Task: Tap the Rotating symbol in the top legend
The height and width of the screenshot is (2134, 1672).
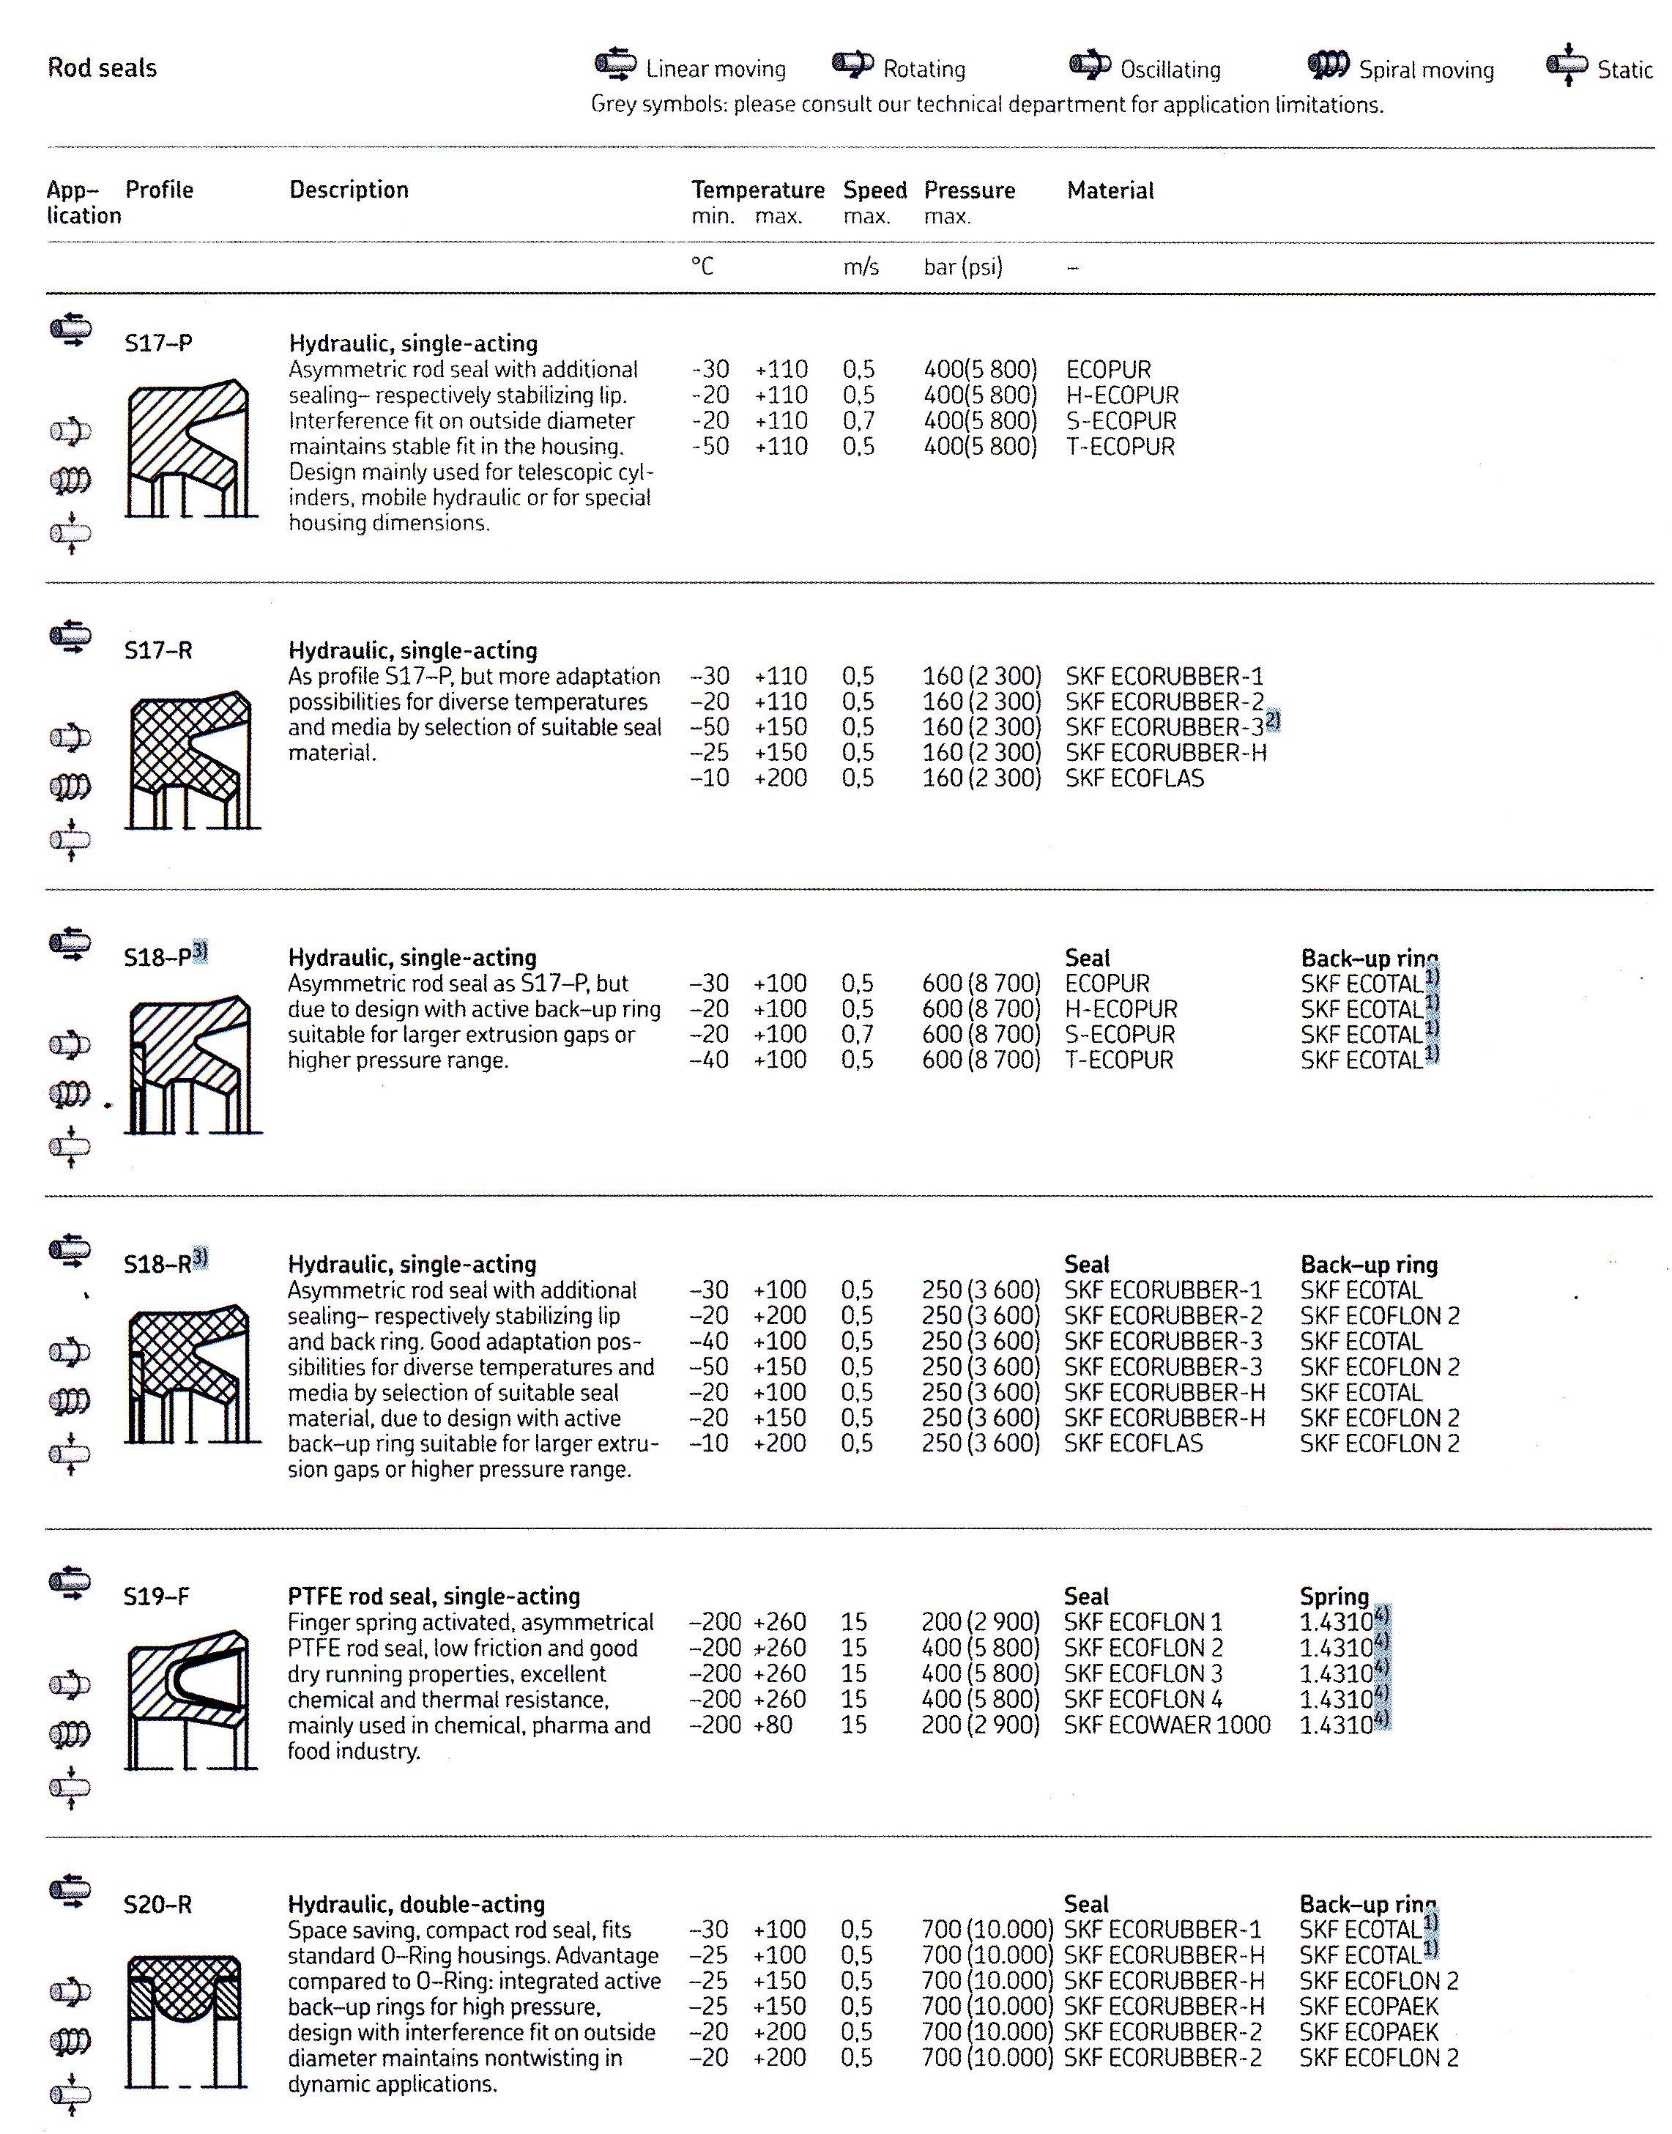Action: click(852, 64)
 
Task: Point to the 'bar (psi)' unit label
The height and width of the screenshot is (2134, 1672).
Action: click(962, 267)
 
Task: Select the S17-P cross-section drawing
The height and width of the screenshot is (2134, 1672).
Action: click(190, 448)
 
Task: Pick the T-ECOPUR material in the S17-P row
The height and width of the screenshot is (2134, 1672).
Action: click(1120, 447)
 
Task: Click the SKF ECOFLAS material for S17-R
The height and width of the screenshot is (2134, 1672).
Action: click(1134, 778)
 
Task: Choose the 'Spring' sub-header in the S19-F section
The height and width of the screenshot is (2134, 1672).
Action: click(1334, 1596)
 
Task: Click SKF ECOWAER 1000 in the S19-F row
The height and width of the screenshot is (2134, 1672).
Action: click(1166, 1725)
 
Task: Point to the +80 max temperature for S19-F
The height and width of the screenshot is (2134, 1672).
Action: click(773, 1725)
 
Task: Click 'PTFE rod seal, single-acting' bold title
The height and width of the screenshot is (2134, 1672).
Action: click(434, 1596)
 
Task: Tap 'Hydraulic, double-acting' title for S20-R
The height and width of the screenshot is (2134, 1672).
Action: click(416, 1904)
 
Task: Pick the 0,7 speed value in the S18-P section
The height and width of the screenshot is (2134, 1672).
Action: click(858, 1034)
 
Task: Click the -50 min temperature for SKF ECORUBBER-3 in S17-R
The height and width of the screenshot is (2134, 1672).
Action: click(710, 727)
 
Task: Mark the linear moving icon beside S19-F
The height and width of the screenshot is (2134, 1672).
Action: click(70, 1582)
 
